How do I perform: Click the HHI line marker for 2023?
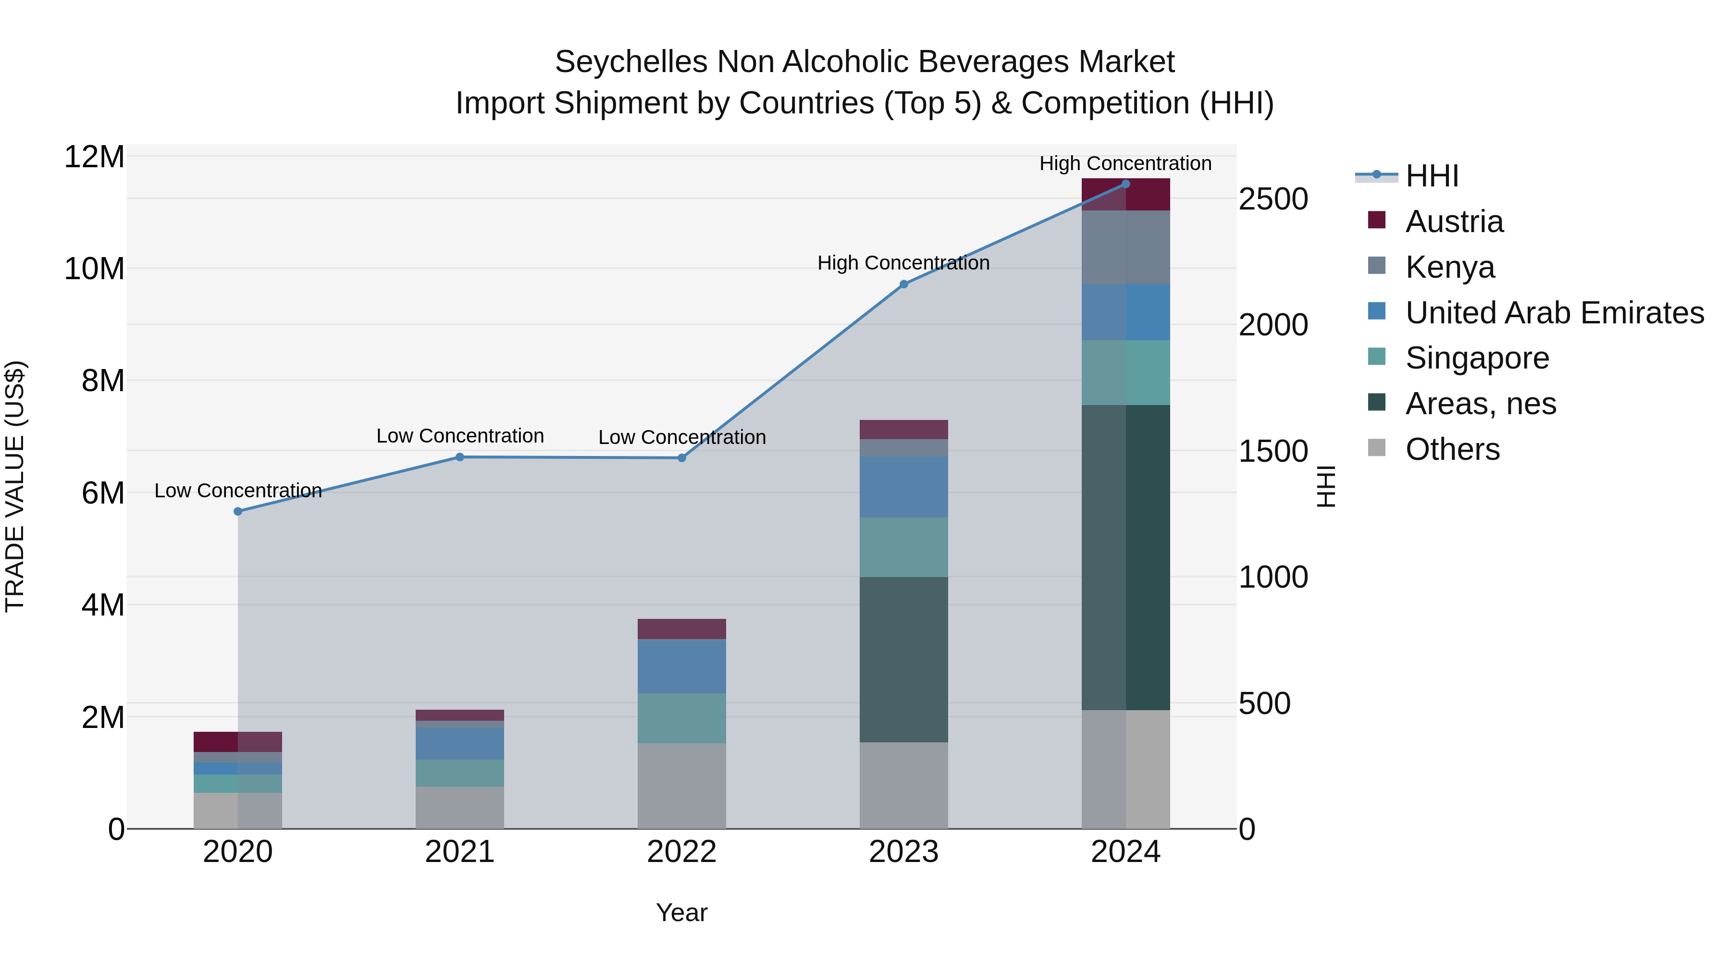click(x=903, y=284)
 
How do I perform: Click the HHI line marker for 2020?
click(x=238, y=512)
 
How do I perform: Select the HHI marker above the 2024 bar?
click(x=1125, y=184)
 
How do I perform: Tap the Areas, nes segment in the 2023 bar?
click(x=903, y=659)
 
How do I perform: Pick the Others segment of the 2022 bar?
click(x=681, y=786)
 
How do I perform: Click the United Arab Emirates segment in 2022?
click(x=681, y=666)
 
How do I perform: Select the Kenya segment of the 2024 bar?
click(x=1125, y=247)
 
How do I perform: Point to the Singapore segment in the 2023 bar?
click(x=903, y=547)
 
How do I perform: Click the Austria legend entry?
click(x=1454, y=222)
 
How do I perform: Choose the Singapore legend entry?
click(x=1477, y=358)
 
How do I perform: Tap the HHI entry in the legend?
click(x=1431, y=176)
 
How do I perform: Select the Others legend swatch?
click(x=1376, y=448)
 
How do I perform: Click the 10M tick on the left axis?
click(x=94, y=269)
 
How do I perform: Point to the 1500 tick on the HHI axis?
click(x=1273, y=451)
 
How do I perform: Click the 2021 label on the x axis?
click(x=459, y=852)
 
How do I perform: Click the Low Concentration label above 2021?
click(x=459, y=436)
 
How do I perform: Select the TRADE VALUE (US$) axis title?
click(x=15, y=486)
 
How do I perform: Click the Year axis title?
click(x=681, y=912)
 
